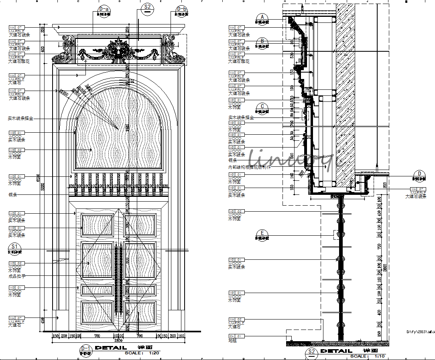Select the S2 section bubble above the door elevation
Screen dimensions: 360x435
point(148,8)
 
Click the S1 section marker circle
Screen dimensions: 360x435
point(14,246)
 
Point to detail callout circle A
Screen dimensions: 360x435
point(262,17)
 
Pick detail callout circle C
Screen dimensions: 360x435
point(262,107)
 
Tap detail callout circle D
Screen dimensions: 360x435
point(420,174)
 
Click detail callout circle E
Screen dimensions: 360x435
point(262,233)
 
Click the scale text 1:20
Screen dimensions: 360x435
point(154,353)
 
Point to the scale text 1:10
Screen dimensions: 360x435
point(379,356)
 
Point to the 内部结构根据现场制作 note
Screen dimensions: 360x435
point(249,167)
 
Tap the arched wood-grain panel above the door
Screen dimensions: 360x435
point(118,128)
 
